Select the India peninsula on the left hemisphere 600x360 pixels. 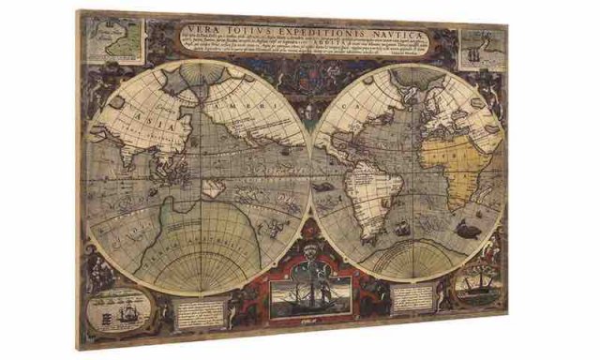pos(127,159)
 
